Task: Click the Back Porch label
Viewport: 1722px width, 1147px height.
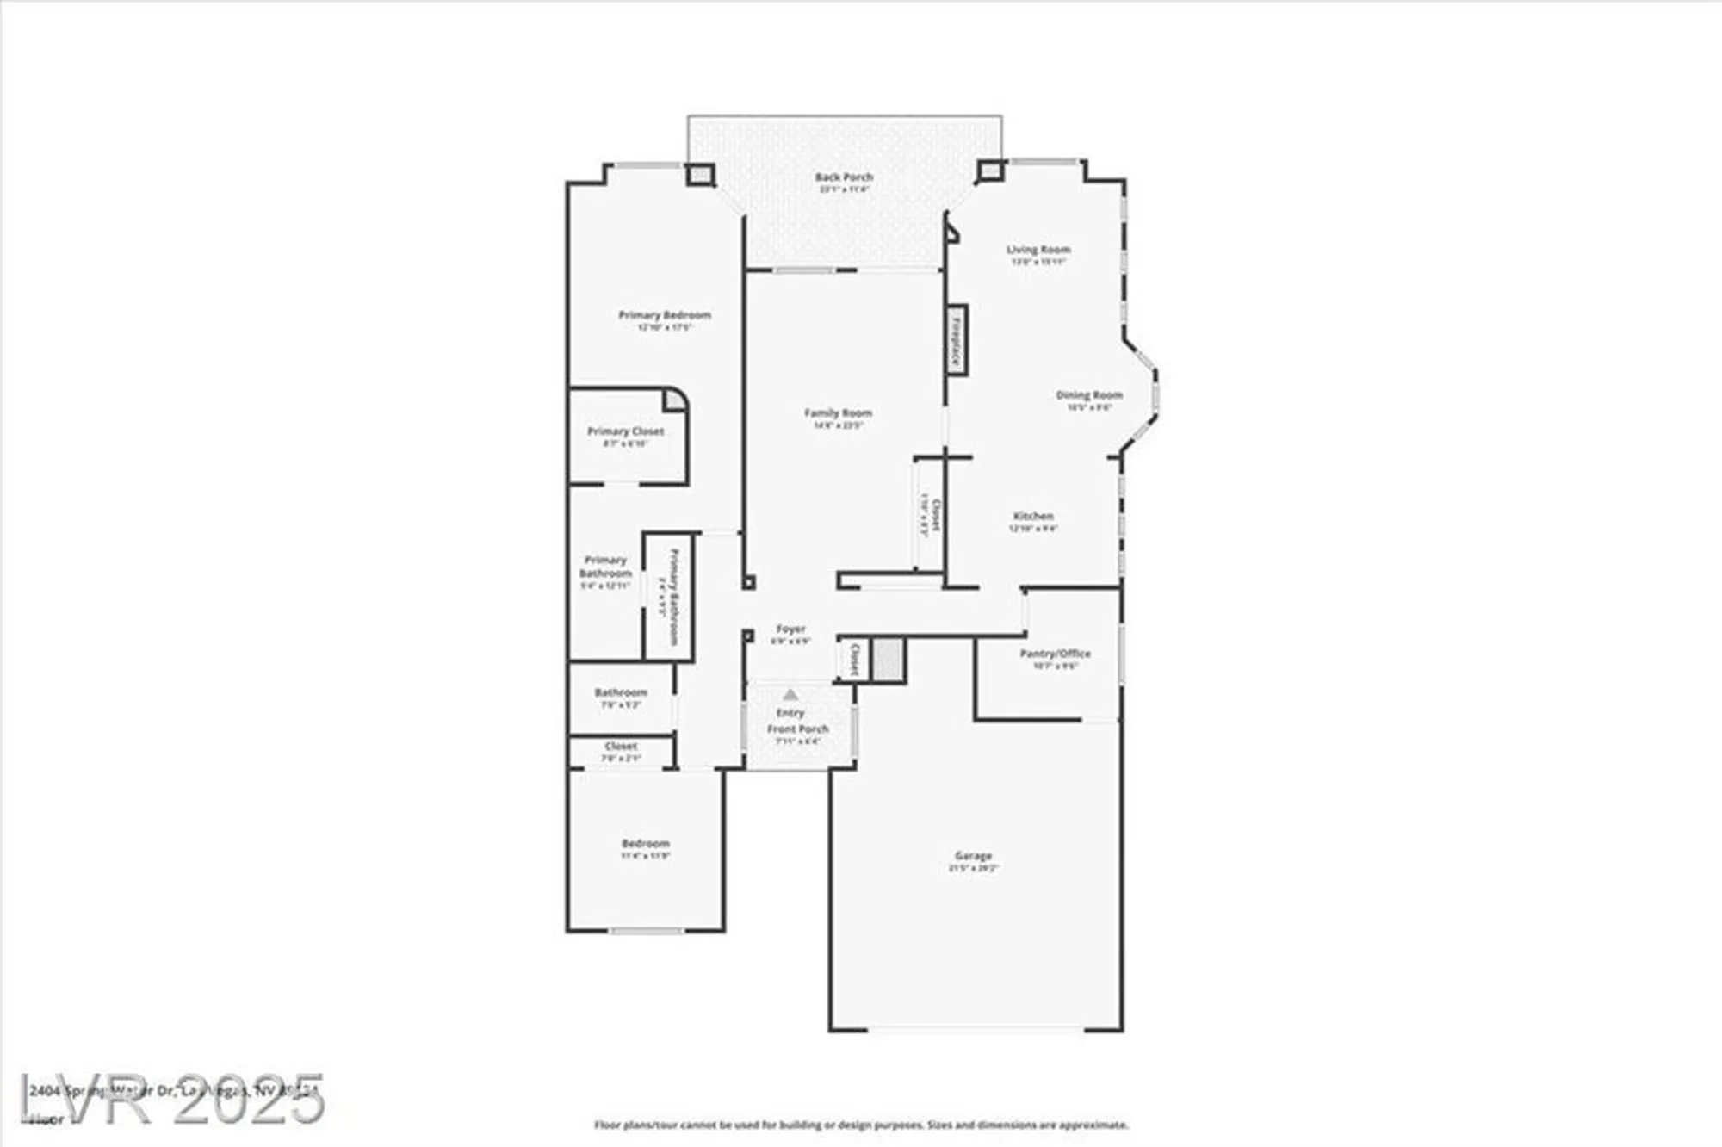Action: point(844,177)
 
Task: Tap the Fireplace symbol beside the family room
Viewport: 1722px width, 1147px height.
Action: point(956,340)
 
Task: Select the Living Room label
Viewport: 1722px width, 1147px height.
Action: point(1038,250)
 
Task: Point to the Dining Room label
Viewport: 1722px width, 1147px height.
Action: point(1089,395)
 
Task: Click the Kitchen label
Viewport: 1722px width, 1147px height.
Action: point(1033,517)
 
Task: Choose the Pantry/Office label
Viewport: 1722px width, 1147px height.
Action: point(1055,654)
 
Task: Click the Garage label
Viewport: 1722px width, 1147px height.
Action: point(973,856)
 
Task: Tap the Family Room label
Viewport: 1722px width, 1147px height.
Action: point(838,413)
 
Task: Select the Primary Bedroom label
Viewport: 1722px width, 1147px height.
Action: point(665,315)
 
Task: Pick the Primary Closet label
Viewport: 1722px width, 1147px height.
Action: point(625,431)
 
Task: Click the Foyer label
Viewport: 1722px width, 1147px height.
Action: point(790,629)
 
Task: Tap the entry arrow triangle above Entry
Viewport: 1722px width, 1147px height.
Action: point(790,694)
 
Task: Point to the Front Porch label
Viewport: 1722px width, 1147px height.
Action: point(798,729)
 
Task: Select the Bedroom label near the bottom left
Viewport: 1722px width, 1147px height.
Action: point(645,844)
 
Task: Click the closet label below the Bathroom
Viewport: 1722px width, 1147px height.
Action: point(621,747)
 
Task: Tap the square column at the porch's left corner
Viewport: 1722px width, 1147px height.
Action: point(700,175)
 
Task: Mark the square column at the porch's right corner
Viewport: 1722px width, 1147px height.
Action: point(990,171)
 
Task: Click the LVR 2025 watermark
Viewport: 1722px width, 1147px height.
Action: point(172,1099)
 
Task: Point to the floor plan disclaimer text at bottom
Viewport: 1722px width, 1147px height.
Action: point(861,1125)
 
